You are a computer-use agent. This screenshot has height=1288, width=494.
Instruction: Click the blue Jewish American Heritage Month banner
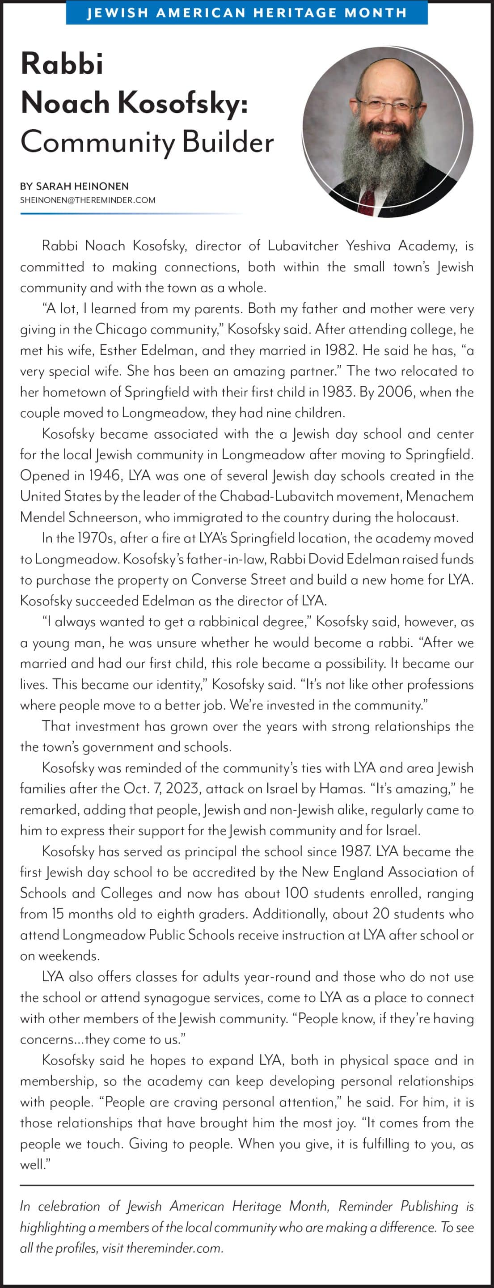point(246,13)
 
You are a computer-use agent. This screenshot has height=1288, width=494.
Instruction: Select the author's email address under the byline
point(88,200)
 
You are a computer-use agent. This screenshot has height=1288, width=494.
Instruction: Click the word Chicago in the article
point(121,329)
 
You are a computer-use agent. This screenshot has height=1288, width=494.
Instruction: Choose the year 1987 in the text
point(355,851)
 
